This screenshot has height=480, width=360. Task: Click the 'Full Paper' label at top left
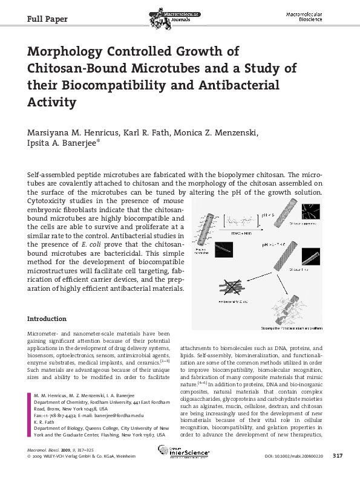coord(48,19)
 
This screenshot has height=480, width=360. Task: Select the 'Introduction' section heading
coord(47,319)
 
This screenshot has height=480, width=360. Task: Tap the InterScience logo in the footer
coord(183,451)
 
